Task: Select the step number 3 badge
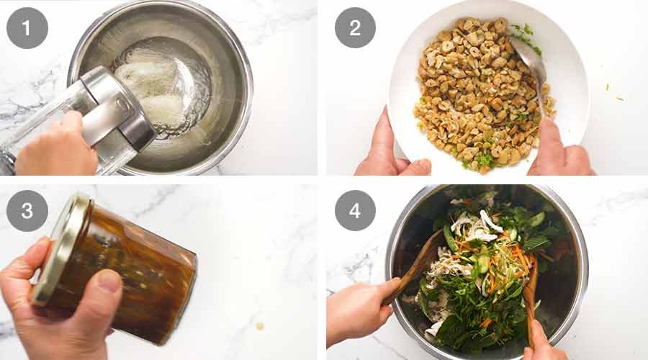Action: coord(27,210)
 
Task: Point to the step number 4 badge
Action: coord(355,210)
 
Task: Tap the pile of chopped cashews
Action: coord(475,94)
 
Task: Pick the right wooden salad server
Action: coord(531,295)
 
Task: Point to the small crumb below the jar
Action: coord(259,325)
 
